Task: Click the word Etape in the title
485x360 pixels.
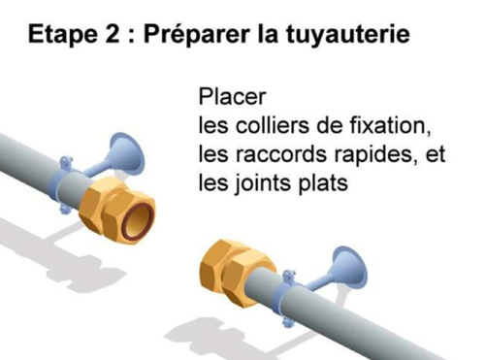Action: (x=62, y=35)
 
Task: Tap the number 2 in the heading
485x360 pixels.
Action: (x=113, y=33)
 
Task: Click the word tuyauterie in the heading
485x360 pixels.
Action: (x=348, y=35)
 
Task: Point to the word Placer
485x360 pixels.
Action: (x=232, y=96)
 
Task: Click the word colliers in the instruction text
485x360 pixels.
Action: (x=273, y=125)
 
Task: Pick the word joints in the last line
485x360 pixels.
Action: (x=262, y=183)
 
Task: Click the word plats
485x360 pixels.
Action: (x=323, y=183)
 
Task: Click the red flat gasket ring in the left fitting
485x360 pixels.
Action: (x=138, y=220)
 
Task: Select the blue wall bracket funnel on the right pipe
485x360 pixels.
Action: (x=347, y=269)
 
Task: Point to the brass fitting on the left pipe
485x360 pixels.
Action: (x=116, y=211)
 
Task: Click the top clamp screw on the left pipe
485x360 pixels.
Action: (x=66, y=161)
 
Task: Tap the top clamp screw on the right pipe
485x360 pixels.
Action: (x=289, y=276)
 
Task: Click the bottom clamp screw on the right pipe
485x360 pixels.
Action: (x=287, y=321)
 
